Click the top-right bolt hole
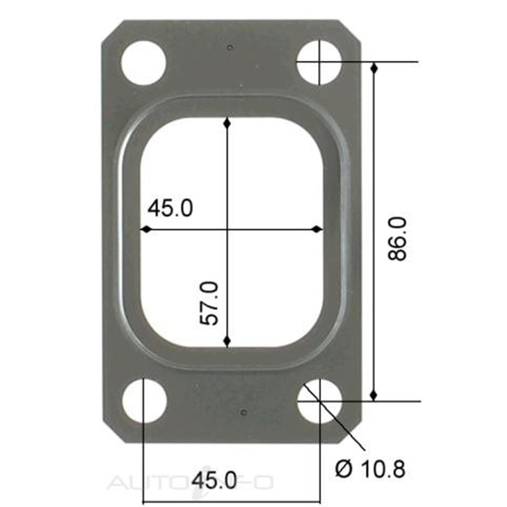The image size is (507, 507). click(x=320, y=62)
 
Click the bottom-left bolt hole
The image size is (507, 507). click(x=144, y=401)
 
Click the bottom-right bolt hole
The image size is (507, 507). click(x=320, y=401)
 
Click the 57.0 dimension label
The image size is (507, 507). click(x=210, y=303)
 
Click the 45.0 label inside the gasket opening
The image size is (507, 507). click(x=170, y=208)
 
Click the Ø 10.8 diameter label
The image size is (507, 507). click(x=370, y=469)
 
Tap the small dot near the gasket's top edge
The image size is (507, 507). click(x=230, y=47)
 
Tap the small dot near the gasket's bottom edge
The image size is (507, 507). click(x=242, y=412)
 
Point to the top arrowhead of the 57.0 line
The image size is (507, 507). click(x=227, y=123)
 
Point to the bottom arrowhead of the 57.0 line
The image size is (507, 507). click(x=227, y=341)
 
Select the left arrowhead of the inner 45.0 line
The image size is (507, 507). click(x=146, y=229)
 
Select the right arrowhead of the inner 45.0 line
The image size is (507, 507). click(x=317, y=229)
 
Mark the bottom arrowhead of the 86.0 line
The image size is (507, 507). click(x=373, y=395)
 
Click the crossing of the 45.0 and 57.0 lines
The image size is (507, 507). click(x=227, y=229)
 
